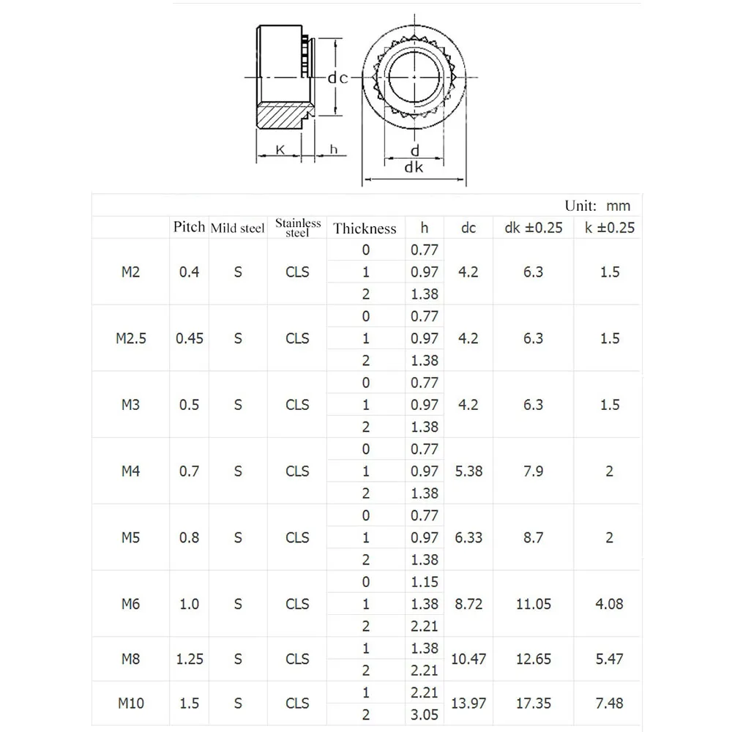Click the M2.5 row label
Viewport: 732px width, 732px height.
131,338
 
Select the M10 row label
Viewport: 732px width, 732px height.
131,703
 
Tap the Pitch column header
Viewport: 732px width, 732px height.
189,227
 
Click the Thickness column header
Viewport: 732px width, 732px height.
365,228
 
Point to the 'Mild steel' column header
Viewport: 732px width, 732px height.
237,228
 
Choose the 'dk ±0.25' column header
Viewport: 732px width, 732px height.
534,228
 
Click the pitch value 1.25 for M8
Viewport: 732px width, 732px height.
190,659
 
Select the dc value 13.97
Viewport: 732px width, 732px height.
468,703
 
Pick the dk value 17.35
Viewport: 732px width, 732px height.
534,703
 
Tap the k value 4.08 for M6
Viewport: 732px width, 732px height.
609,604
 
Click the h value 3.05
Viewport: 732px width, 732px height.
425,714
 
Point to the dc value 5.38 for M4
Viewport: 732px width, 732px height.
468,471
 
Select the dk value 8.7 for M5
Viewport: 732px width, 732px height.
534,537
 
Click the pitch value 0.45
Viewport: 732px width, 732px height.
190,338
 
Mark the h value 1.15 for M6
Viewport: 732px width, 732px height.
425,582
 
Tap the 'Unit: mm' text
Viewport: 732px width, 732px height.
597,206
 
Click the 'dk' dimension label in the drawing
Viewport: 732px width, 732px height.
414,167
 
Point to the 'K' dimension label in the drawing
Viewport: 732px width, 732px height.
280,149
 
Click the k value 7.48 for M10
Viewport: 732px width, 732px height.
609,703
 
